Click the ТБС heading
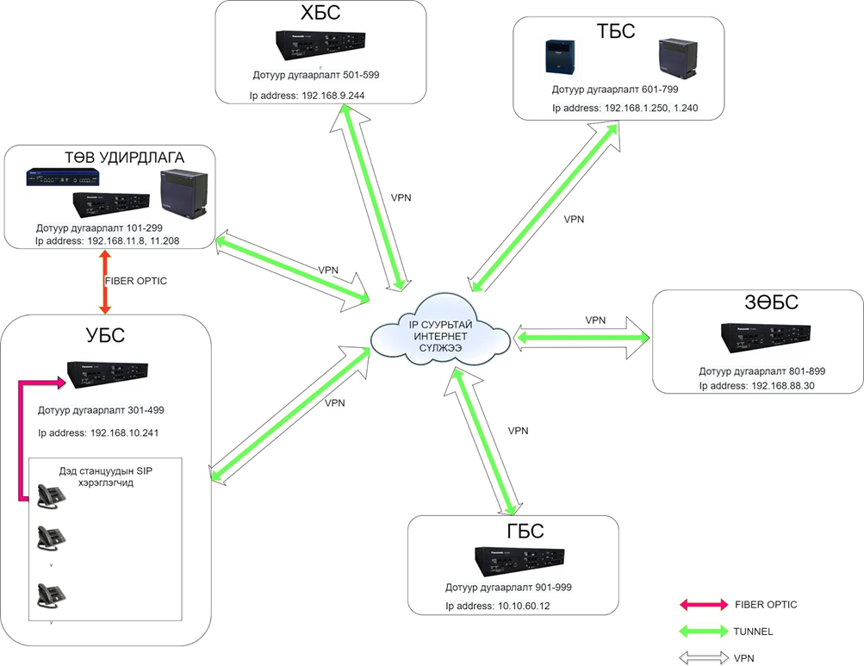(616, 32)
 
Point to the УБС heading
(103, 334)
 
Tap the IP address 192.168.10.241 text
(98, 432)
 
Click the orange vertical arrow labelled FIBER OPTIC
(104, 282)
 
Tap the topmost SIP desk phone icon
(50, 495)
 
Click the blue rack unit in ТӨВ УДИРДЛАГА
(61, 177)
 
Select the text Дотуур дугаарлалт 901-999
(508, 587)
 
